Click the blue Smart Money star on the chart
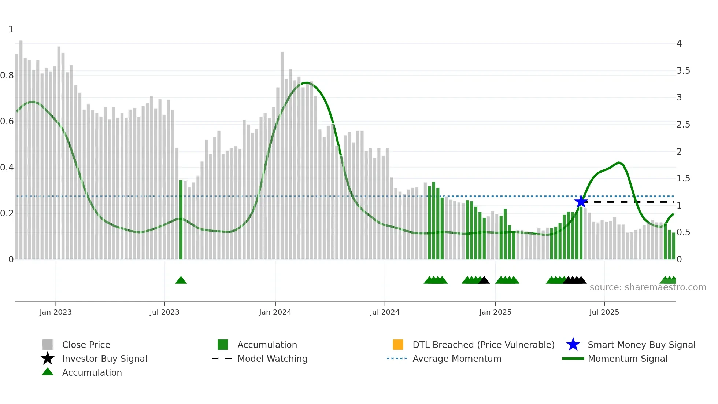click(x=581, y=202)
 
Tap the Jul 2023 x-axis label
click(x=164, y=312)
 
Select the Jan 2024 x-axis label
click(x=275, y=312)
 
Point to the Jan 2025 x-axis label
click(x=495, y=312)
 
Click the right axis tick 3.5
click(x=683, y=70)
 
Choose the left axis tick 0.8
click(x=7, y=76)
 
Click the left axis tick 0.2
click(x=7, y=213)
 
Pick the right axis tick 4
click(x=679, y=44)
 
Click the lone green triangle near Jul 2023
click(x=181, y=280)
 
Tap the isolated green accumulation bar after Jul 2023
click(x=181, y=220)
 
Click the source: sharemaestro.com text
click(x=648, y=287)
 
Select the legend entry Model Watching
click(x=272, y=359)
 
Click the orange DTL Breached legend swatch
click(x=398, y=345)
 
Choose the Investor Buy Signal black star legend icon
click(x=48, y=359)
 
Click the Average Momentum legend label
click(x=457, y=359)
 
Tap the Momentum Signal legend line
click(x=573, y=359)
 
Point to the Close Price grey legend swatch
click(x=48, y=345)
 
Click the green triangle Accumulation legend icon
click(x=48, y=372)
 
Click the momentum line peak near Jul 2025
click(x=619, y=162)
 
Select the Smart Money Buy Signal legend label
click(x=641, y=345)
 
